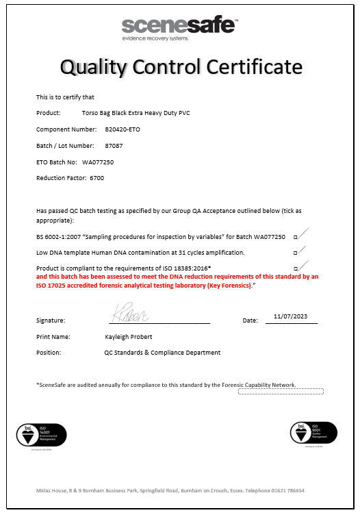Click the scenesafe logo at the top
180,28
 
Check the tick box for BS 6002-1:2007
296,236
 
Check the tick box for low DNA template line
296,253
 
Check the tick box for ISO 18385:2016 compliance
296,268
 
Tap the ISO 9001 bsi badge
313,433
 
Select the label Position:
49,353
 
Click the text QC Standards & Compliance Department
162,353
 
